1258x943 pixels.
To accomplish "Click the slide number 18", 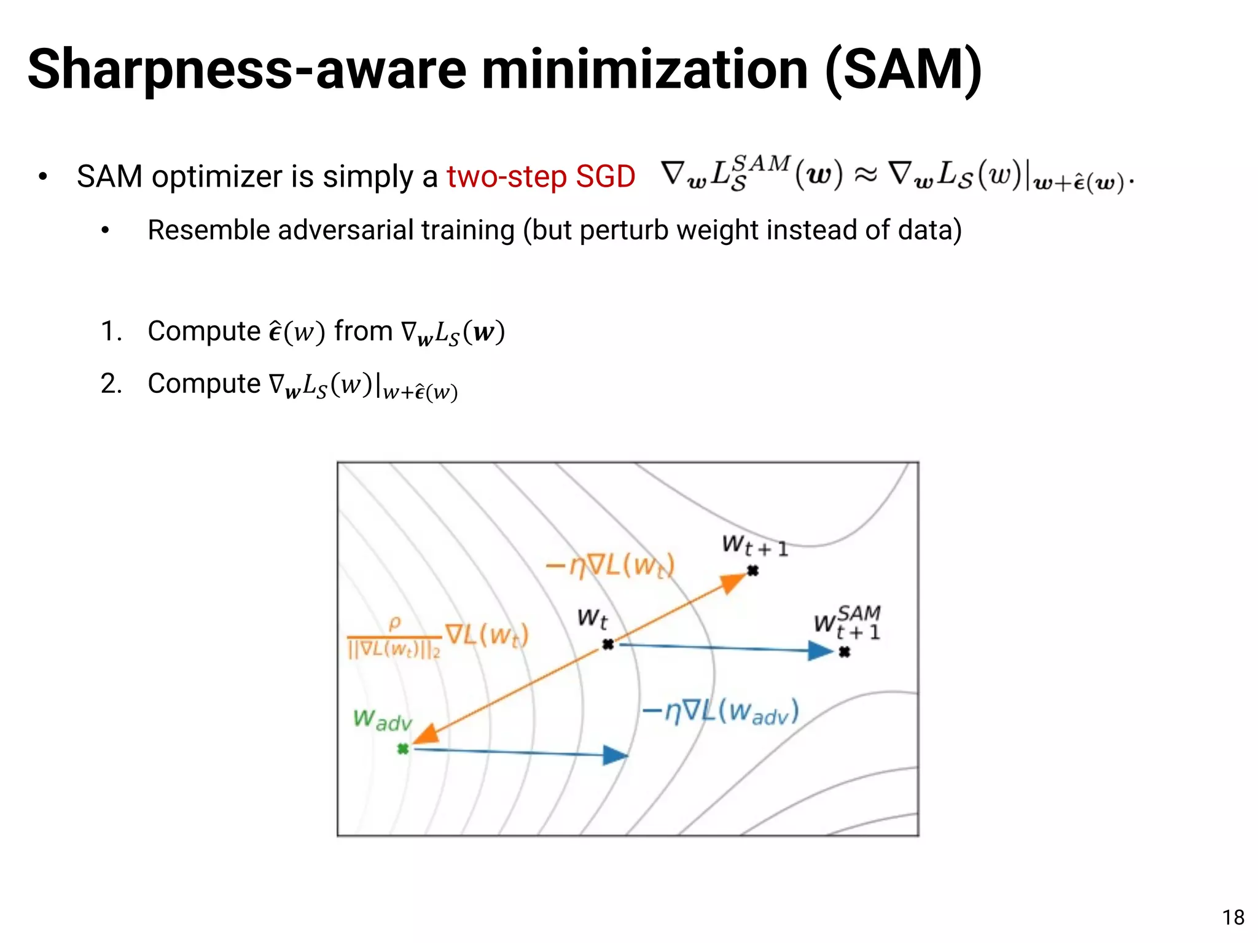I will [x=1233, y=917].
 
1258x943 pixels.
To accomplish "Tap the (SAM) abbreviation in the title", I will [x=904, y=70].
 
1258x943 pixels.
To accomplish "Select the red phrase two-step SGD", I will [x=541, y=177].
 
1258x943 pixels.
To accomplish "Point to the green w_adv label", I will [x=382, y=720].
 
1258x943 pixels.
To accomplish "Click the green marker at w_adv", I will [x=403, y=748].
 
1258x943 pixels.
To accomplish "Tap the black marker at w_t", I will [x=608, y=644].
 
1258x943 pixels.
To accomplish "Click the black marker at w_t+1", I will [x=752, y=571].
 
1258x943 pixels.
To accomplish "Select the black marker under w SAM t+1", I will [x=845, y=651].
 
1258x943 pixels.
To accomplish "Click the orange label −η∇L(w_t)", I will [x=610, y=565].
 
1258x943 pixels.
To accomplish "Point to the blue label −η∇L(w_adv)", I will [x=721, y=712].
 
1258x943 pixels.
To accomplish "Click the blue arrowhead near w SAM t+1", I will [x=819, y=650].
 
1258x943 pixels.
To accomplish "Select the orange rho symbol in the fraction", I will [x=394, y=623].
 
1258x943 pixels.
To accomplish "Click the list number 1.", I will [x=111, y=332].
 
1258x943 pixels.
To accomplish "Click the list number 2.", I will [x=111, y=384].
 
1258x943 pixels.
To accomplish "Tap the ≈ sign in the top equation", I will [x=865, y=176].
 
